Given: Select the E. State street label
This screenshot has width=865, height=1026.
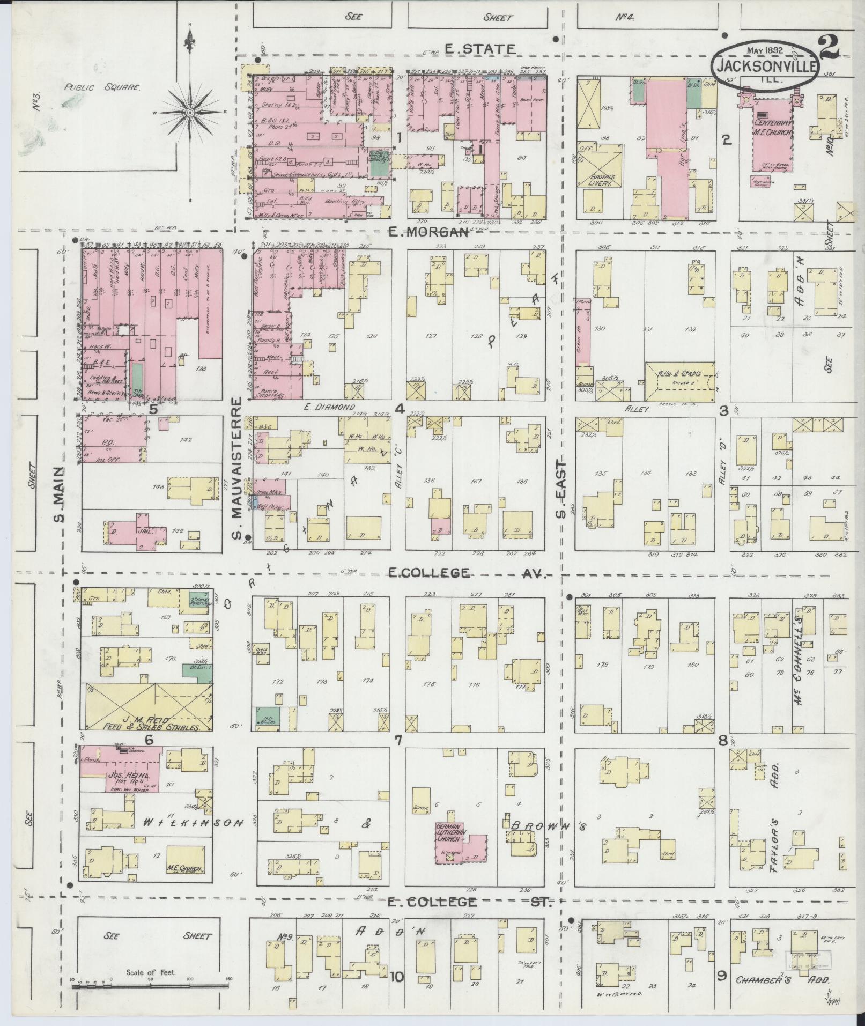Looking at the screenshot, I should pyautogui.click(x=480, y=49).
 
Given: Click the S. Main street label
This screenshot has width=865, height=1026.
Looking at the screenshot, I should pyautogui.click(x=60, y=494).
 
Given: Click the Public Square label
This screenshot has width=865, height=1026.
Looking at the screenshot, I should pyautogui.click(x=102, y=87).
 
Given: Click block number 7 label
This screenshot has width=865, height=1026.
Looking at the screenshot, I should pyautogui.click(x=398, y=741).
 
